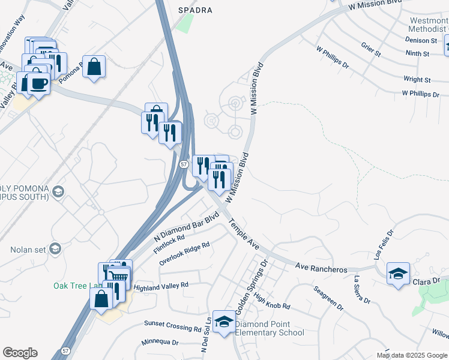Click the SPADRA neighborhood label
pyautogui.click(x=196, y=10)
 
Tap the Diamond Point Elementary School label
pyautogui.click(x=270, y=328)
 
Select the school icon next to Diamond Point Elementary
pyautogui.click(x=224, y=323)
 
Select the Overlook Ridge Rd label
pyautogui.click(x=184, y=254)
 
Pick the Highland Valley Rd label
pyautogui.click(x=161, y=286)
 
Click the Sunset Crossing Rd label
pyautogui.click(x=172, y=326)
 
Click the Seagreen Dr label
pyautogui.click(x=328, y=298)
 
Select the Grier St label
pyautogui.click(x=371, y=50)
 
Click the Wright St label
pyautogui.click(x=417, y=79)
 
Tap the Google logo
pyautogui.click(x=20, y=353)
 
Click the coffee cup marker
pyautogui.click(x=38, y=83)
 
